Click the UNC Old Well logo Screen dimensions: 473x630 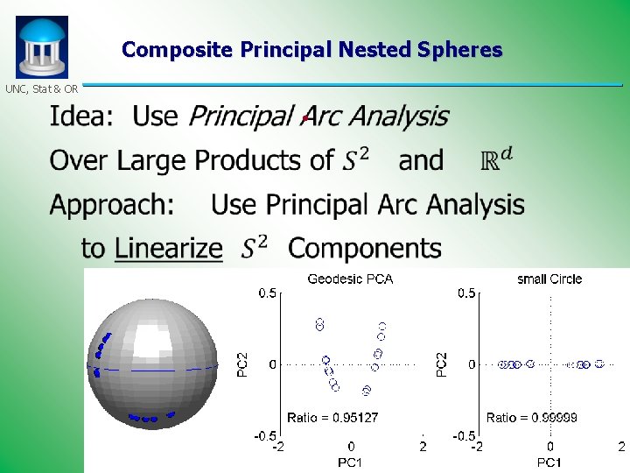41,47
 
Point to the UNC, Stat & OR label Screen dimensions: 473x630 42,88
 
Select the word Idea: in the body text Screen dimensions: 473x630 81,116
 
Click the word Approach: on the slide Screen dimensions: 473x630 112,205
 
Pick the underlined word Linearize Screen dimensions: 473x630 169,249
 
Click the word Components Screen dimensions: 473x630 365,249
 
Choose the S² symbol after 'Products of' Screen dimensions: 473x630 354,159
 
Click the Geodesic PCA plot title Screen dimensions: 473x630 350,279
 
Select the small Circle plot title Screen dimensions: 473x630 549,279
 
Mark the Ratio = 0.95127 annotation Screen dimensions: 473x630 332,418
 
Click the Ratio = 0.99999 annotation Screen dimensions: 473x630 531,418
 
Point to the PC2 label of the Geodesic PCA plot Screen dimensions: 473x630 243,364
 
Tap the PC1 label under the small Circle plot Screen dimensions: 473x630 549,461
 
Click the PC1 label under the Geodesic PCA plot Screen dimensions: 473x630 350,461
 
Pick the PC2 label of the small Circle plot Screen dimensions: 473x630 442,364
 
